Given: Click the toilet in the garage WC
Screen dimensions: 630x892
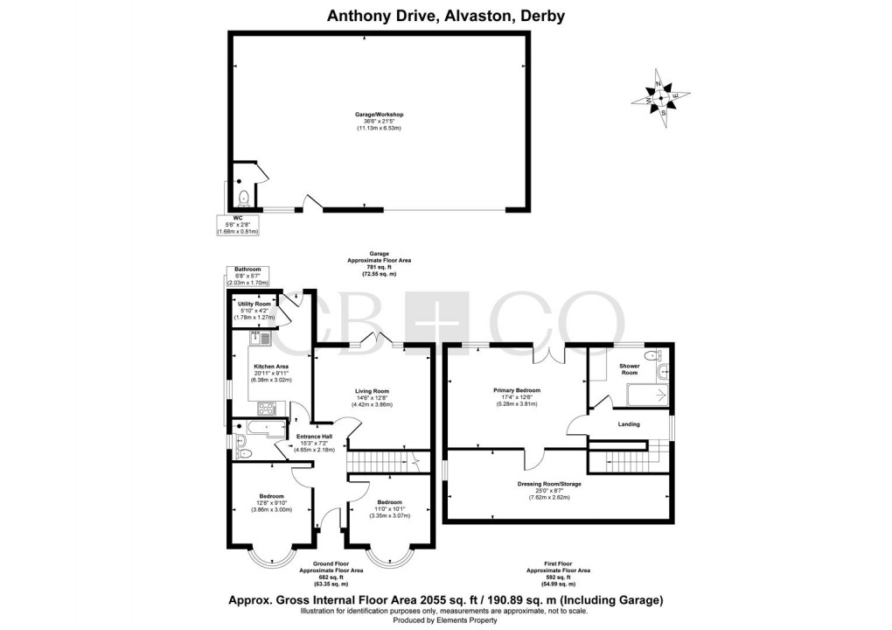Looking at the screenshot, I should pyautogui.click(x=242, y=196).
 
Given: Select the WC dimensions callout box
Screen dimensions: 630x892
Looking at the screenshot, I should pyautogui.click(x=238, y=224).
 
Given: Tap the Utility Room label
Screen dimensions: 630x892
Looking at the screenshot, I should pyautogui.click(x=255, y=304).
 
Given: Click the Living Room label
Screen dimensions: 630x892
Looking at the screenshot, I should pyautogui.click(x=372, y=391).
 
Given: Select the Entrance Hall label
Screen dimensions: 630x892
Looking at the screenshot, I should pyautogui.click(x=314, y=437).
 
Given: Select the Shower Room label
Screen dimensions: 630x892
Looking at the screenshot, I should pyautogui.click(x=630, y=369).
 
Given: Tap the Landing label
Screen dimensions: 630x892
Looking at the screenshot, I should pyautogui.click(x=629, y=424).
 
